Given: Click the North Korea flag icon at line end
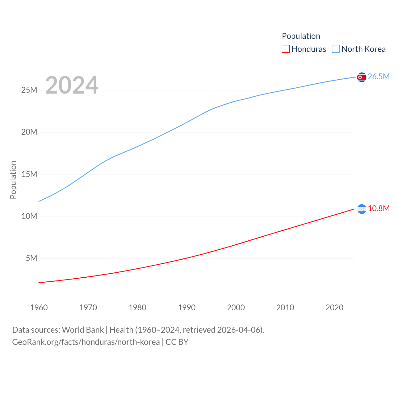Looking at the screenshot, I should [362, 77].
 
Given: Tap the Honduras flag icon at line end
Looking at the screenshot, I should [362, 209].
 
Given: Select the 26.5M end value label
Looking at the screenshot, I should [378, 77].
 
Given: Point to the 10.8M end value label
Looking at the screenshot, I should [378, 209].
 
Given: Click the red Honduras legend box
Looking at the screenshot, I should [285, 49].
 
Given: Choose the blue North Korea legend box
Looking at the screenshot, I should [336, 49].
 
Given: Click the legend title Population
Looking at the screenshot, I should [301, 36].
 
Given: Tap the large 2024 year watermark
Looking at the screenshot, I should [72, 85].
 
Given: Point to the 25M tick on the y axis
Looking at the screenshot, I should [29, 90].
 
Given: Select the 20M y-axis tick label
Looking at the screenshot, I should [29, 132].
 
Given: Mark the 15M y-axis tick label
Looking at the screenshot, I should [29, 174].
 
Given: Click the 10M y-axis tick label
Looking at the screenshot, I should [29, 216].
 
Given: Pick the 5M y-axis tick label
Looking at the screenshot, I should [31, 258].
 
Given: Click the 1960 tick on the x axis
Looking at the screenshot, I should [39, 308].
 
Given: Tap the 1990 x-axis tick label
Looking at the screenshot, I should [187, 308].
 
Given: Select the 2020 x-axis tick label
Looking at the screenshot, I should [334, 308].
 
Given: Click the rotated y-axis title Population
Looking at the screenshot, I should [13, 180].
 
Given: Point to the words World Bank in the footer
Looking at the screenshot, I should [83, 330].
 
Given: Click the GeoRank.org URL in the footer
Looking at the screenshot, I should [86, 342].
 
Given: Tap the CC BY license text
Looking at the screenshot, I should [177, 342].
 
